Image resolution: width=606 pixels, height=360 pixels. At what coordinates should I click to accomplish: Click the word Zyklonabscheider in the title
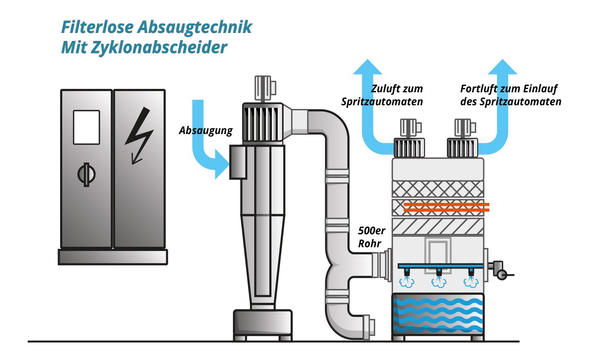point(159,48)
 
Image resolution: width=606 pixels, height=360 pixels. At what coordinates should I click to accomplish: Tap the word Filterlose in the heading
point(98,27)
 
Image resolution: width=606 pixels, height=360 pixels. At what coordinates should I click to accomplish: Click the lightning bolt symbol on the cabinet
point(139,135)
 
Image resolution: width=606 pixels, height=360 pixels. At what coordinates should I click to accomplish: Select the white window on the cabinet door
point(86,127)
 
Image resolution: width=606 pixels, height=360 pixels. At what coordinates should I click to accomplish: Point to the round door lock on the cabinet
point(86,175)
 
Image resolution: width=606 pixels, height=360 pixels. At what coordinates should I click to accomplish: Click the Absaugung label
point(205,131)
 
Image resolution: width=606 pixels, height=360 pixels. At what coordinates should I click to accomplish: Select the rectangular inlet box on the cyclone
point(238,162)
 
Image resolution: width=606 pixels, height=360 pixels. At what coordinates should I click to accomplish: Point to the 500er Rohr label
point(372,237)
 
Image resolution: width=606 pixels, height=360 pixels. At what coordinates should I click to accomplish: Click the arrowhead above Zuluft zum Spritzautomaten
point(368,67)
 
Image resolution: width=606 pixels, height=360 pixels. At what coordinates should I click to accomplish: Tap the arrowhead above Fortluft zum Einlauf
point(502,67)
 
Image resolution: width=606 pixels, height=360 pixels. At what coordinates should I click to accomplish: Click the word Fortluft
point(479,89)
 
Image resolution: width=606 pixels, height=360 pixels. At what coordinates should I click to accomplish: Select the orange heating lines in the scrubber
point(446,207)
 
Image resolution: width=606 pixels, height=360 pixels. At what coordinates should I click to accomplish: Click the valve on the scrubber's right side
point(500,271)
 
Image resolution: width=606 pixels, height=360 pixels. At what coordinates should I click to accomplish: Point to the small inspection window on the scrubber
point(437,251)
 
